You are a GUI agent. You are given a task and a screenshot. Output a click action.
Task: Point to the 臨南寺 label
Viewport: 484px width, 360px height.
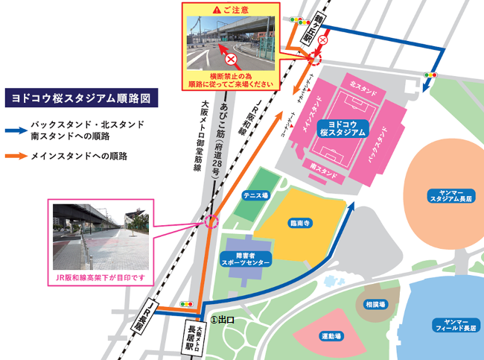299,222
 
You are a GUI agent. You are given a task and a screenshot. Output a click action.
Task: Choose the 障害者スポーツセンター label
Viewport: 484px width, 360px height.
240,258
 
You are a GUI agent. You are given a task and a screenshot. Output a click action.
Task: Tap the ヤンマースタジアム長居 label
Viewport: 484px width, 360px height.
446,197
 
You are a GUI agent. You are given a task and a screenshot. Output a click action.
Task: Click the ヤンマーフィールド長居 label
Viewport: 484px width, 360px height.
454,325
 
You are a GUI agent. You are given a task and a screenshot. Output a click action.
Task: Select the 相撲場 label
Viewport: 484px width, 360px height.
375,304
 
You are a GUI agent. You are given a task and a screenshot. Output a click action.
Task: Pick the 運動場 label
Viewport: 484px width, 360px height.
331,336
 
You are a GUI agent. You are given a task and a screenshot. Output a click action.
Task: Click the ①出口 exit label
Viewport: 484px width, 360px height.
222,319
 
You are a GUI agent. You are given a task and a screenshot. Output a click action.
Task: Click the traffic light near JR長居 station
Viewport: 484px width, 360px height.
186,304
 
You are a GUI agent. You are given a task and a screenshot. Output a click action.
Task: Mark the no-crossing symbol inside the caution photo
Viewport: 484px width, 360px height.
231,57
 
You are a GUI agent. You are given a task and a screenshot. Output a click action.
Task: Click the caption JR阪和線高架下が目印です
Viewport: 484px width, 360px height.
100,277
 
